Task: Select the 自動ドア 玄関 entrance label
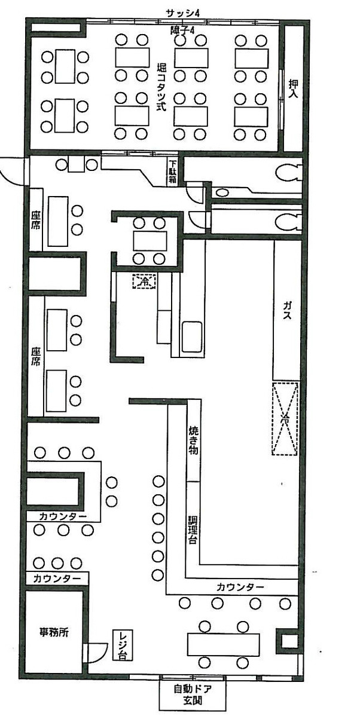(x=193, y=694)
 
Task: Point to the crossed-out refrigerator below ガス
(x=285, y=418)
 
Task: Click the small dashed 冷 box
(x=144, y=280)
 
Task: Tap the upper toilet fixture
(x=289, y=174)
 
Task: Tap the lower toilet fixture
(x=289, y=222)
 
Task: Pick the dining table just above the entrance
(x=224, y=644)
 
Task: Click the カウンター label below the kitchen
(x=240, y=587)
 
